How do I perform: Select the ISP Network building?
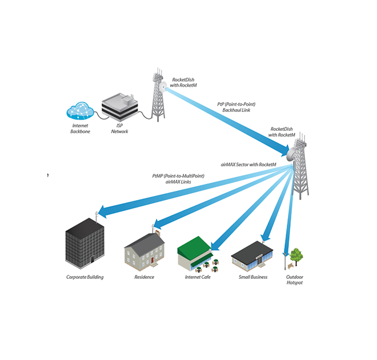[x=119, y=107]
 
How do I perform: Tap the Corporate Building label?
[x=85, y=277]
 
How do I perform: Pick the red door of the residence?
[x=153, y=260]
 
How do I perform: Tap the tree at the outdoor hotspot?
[x=295, y=255]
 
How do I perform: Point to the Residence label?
[x=144, y=277]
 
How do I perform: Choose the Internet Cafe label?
[x=199, y=277]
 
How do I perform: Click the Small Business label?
[x=252, y=277]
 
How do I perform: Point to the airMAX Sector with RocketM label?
[x=248, y=164]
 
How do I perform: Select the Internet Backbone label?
[x=81, y=129]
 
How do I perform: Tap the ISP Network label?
[x=119, y=129]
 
